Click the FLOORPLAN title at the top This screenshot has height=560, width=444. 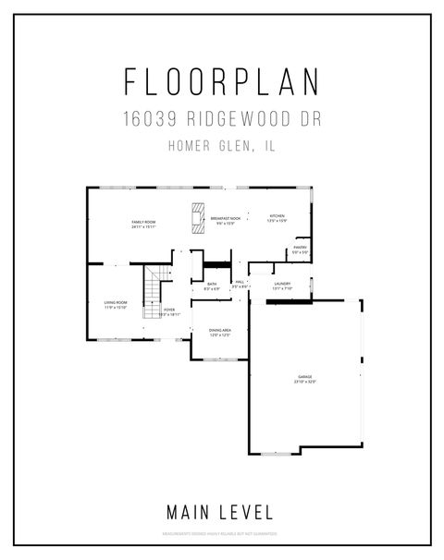222,82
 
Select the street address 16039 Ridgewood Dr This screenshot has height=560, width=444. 222,119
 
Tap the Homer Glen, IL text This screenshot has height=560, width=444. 222,144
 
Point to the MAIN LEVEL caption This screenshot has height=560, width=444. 220,510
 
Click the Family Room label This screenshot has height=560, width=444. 142,222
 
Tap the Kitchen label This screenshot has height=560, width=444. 277,217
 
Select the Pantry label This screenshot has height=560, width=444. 301,247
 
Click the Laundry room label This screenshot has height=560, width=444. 282,283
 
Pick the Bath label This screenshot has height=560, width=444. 212,284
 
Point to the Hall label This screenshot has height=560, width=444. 239,282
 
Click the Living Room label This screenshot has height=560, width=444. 115,302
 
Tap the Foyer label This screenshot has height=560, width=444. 169,310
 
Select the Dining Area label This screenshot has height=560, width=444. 220,330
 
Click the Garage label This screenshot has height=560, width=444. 304,376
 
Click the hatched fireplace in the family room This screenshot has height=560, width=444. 196,217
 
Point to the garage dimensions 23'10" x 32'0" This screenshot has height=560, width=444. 304,382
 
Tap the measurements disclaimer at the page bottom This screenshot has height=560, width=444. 222,534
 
